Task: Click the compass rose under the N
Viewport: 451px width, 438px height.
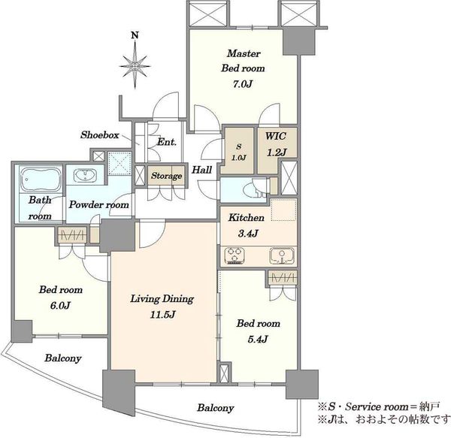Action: tap(135, 66)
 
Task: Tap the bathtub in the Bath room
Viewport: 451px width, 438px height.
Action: tap(41, 179)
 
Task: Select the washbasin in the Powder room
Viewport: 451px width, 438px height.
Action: tap(85, 175)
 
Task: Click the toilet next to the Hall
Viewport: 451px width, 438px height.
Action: tap(255, 189)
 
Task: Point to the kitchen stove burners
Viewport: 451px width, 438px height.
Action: tap(235, 255)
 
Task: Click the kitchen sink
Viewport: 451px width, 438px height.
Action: tap(282, 255)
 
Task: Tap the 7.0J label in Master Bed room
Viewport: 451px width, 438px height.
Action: tap(243, 84)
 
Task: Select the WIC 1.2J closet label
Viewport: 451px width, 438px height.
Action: tap(276, 144)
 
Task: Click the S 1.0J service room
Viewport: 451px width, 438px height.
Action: tap(238, 152)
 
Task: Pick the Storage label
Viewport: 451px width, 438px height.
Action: tap(167, 176)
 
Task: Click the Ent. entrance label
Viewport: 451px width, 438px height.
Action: tap(167, 142)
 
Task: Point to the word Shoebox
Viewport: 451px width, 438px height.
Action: tap(99, 134)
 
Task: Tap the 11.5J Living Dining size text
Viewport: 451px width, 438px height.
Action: tap(162, 315)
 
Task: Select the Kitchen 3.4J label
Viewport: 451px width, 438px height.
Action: tap(247, 225)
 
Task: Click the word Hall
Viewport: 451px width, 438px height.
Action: tap(202, 170)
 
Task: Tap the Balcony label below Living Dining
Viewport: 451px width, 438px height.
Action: tap(216, 408)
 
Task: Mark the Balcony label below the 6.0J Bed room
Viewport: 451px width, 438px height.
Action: tap(63, 358)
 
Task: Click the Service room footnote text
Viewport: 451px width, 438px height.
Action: tap(378, 406)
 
